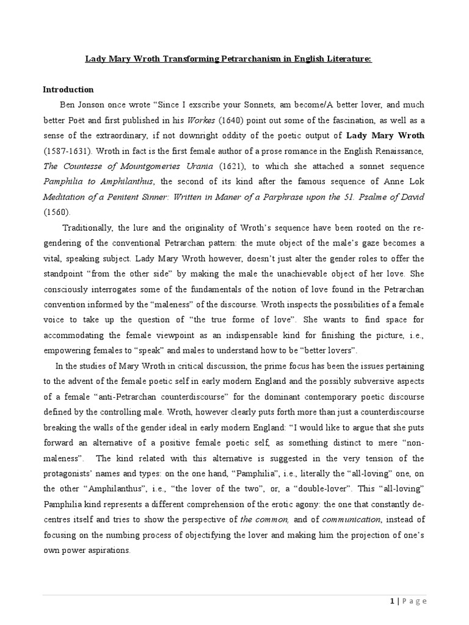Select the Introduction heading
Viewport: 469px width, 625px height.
pyautogui.click(x=68, y=89)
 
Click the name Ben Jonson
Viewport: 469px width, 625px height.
pyautogui.click(x=81, y=105)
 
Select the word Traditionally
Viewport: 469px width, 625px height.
pyautogui.click(x=90, y=228)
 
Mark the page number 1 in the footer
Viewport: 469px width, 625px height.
pyautogui.click(x=391, y=601)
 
